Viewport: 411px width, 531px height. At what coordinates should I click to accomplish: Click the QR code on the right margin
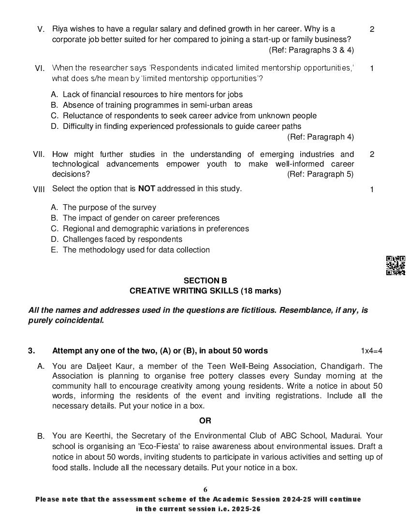[395, 265]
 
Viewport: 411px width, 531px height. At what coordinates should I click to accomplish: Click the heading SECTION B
[205, 280]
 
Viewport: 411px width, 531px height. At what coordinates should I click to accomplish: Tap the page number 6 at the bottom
[205, 489]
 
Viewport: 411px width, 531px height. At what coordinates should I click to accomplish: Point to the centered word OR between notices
[205, 420]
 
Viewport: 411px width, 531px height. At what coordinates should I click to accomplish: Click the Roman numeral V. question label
[41, 29]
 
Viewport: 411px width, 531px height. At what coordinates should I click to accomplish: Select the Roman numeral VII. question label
[39, 154]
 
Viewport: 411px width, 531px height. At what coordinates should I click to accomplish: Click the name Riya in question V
[60, 29]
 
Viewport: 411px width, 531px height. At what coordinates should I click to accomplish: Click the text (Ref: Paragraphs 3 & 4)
[311, 50]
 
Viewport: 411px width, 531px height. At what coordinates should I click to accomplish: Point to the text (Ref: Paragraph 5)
[320, 174]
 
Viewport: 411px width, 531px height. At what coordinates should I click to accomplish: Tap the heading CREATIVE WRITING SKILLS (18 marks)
[205, 291]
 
